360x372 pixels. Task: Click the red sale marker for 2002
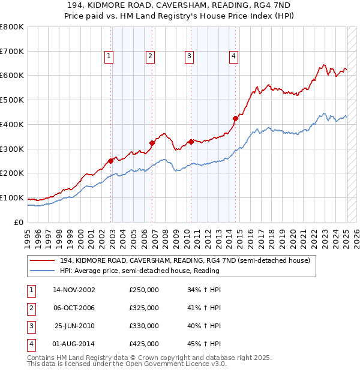[111, 161]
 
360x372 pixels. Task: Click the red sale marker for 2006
[152, 143]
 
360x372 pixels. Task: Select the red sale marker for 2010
[191, 142]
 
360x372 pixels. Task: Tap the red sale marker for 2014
[235, 118]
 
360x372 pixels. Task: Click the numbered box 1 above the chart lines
[109, 57]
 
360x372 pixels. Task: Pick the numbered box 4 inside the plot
[233, 57]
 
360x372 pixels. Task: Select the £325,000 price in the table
[144, 308]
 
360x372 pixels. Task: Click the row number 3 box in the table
[31, 326]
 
